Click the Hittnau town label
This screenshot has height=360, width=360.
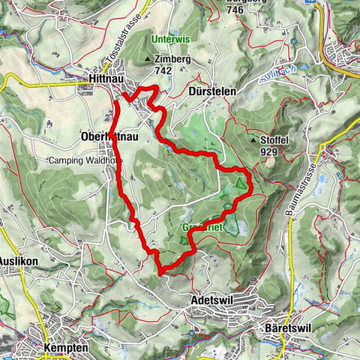(109, 77)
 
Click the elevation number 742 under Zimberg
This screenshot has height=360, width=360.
(163, 70)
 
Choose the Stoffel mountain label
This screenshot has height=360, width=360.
(274, 139)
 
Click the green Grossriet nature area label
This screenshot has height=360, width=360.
(200, 227)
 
